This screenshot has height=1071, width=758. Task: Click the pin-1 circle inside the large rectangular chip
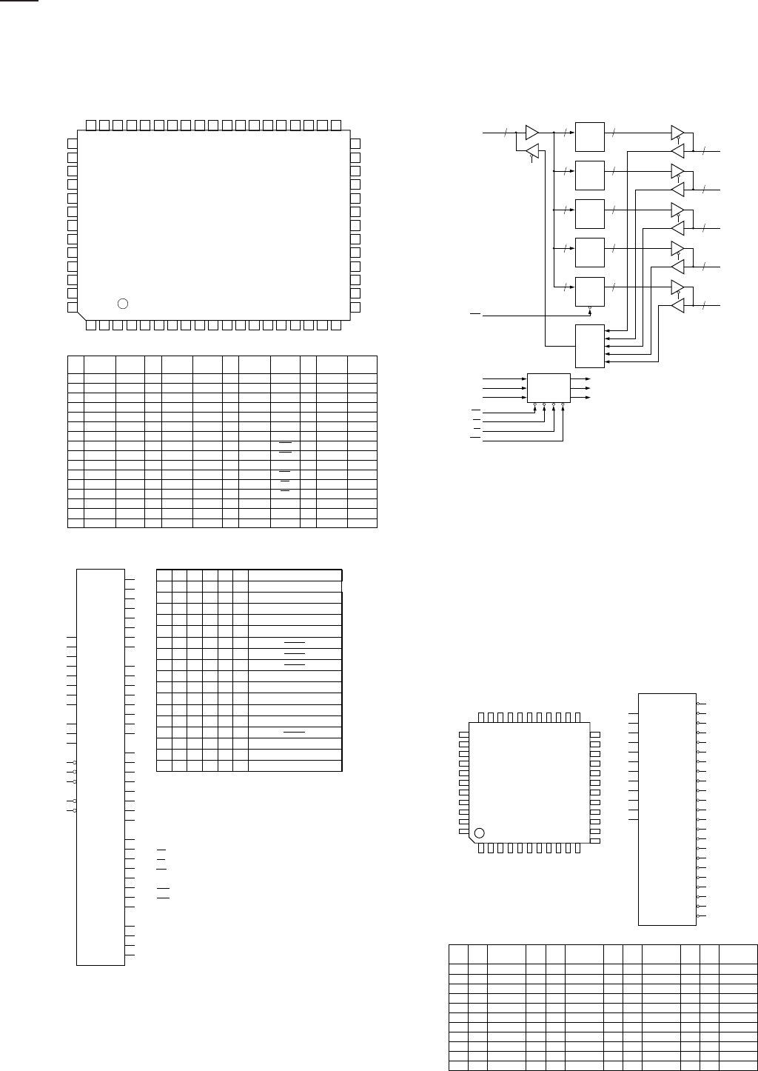point(123,303)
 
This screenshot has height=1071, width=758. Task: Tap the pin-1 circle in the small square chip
point(479,833)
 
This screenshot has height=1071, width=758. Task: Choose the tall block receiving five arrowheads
point(590,345)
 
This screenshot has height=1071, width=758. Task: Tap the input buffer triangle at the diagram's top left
point(531,133)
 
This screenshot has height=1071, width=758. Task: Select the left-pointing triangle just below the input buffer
point(531,152)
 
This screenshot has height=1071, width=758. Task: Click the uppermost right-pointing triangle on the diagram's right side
point(677,133)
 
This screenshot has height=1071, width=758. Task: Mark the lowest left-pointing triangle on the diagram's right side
point(677,305)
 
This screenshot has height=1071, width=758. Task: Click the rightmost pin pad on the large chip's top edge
point(335,123)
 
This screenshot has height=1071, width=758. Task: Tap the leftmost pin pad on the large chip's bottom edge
point(91,324)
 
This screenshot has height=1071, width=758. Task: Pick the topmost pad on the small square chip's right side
point(594,734)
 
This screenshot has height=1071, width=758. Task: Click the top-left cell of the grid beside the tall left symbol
point(164,575)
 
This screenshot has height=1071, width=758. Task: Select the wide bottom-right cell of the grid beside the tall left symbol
point(295,766)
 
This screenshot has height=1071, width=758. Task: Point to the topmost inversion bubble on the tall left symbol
point(75,762)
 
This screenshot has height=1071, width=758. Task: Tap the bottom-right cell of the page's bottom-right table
point(741,1065)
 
